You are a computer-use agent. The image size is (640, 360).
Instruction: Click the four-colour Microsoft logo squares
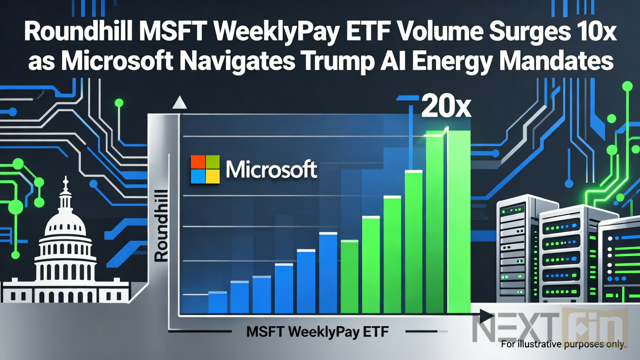point(205,169)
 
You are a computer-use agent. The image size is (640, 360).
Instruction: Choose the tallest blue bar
point(328,272)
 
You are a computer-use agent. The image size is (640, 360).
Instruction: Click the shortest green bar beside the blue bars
point(349,276)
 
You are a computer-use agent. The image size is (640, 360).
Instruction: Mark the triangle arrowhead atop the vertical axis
point(179,103)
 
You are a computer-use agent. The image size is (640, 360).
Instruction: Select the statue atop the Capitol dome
point(65,183)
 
